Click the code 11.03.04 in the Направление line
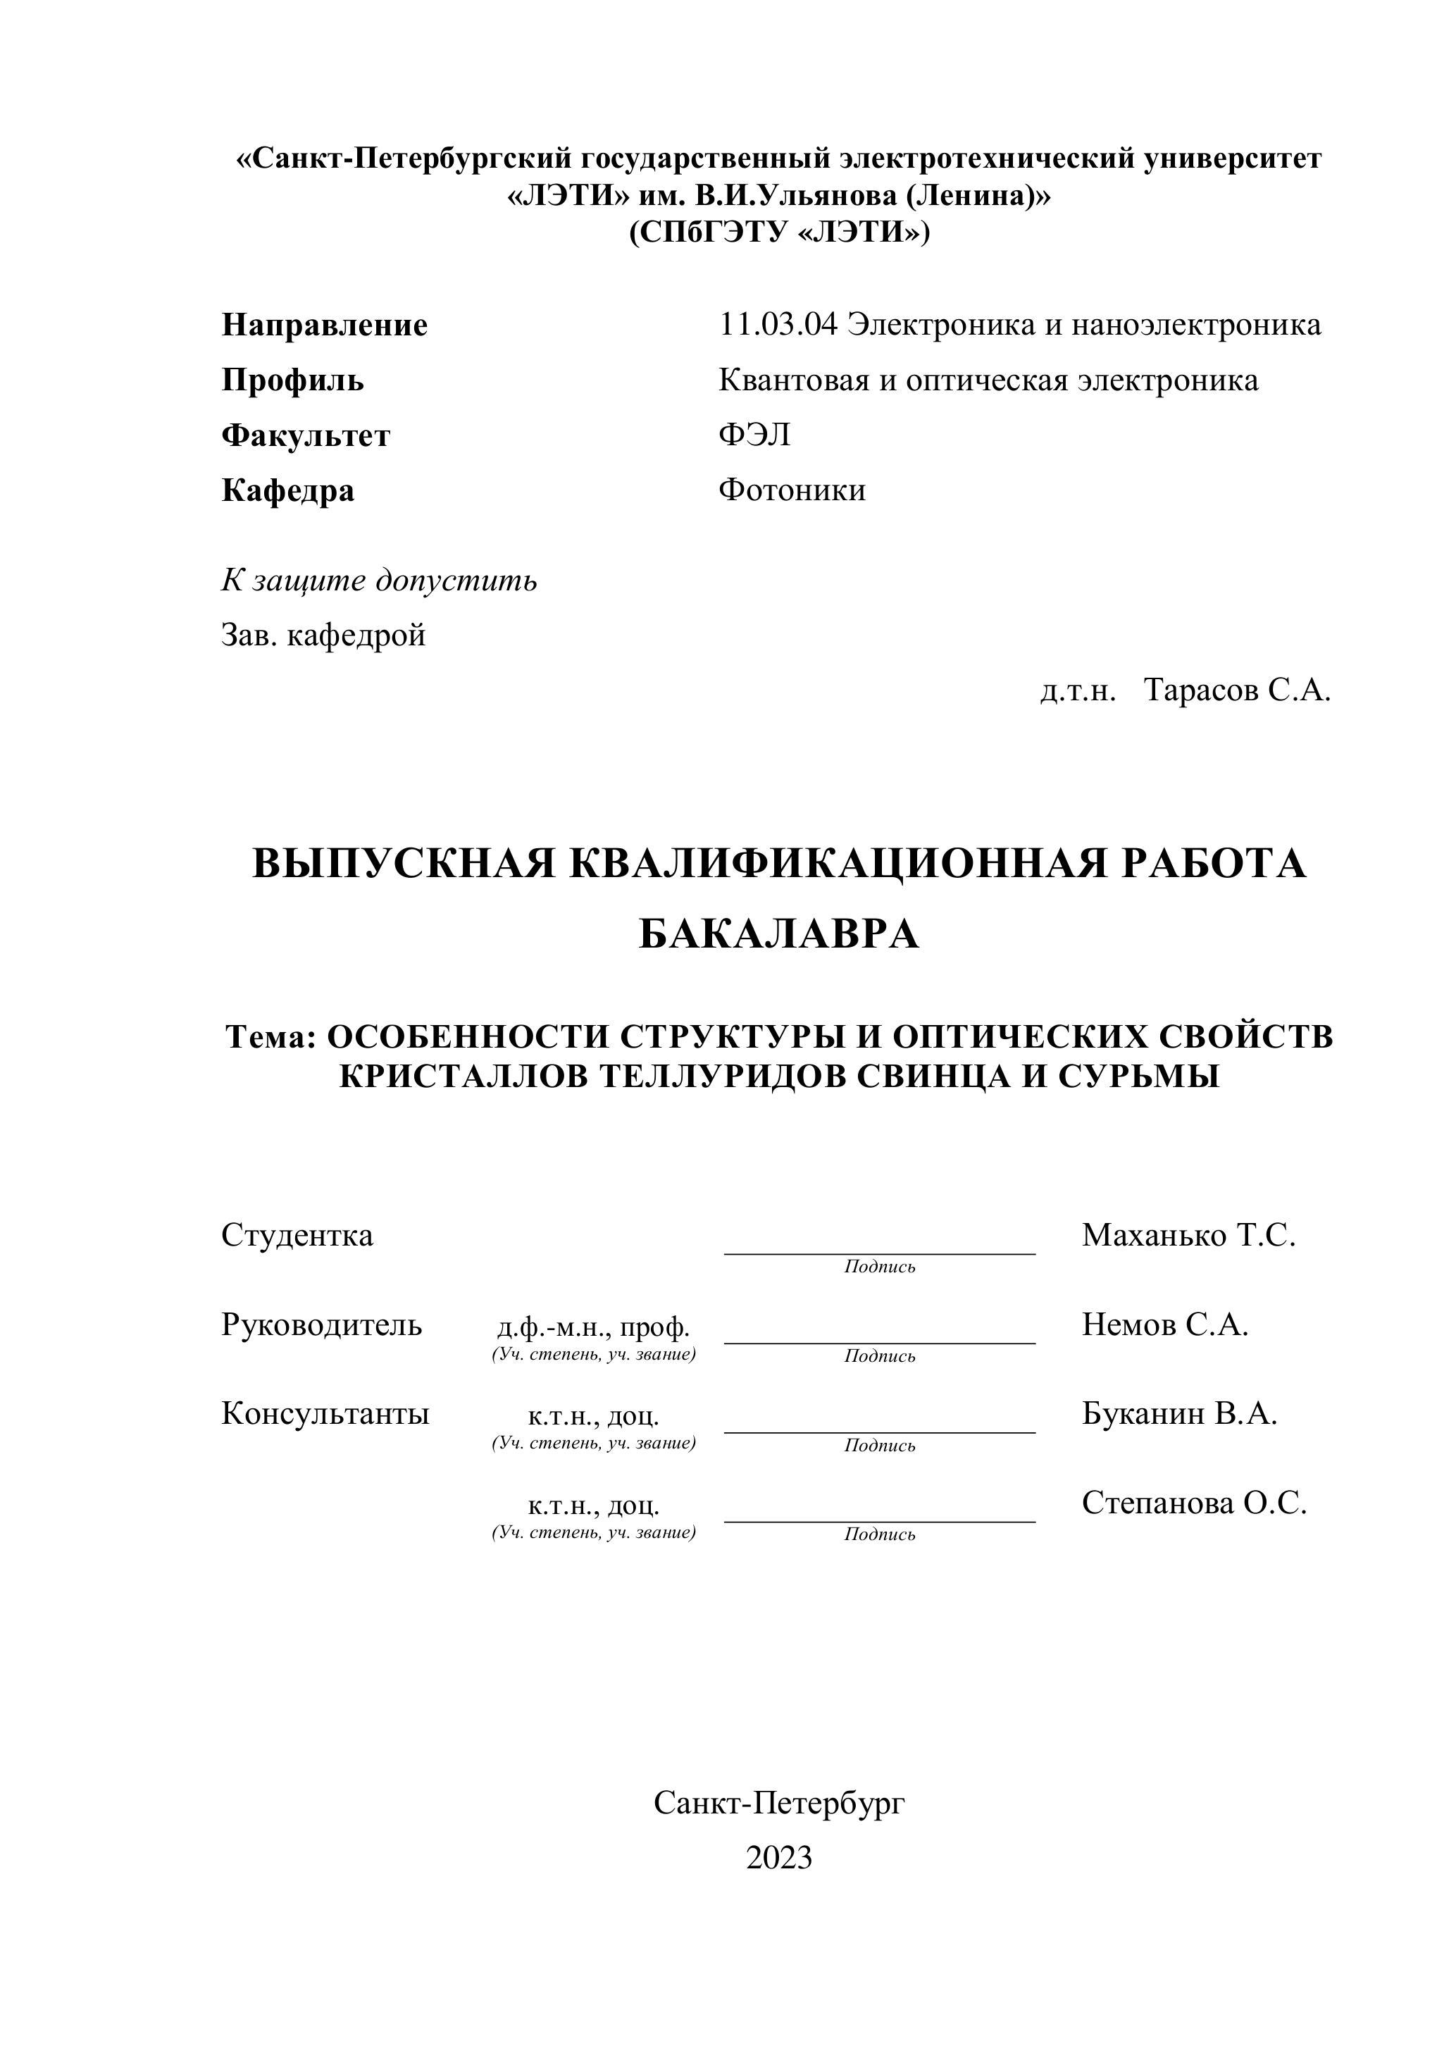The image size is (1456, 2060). tap(778, 325)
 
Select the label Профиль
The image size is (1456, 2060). tap(292, 380)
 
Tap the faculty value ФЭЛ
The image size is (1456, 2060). tap(754, 435)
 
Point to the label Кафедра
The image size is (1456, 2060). tap(288, 491)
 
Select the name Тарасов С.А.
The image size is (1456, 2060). tap(1237, 690)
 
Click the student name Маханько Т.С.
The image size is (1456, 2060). tap(1188, 1236)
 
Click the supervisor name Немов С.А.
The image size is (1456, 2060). tap(1164, 1324)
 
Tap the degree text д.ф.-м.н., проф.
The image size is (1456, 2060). tap(593, 1327)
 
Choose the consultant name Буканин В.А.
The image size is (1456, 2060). tap(1178, 1414)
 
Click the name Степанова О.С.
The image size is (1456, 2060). tap(1194, 1503)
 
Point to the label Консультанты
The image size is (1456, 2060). tap(325, 1414)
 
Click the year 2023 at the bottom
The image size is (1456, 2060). tap(778, 1857)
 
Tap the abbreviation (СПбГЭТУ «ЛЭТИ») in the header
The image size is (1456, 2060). tap(778, 232)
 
